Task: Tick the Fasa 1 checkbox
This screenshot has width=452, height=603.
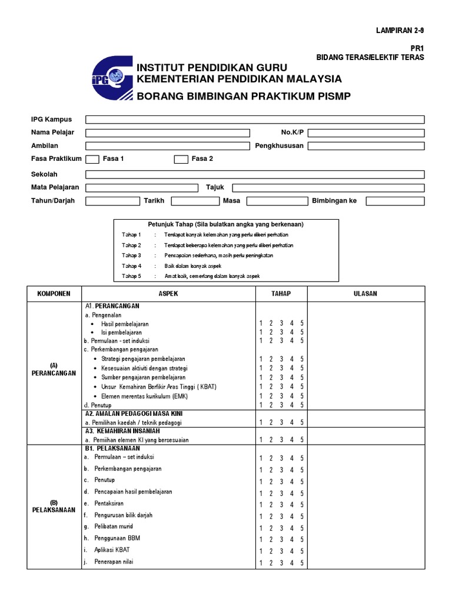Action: pyautogui.click(x=92, y=159)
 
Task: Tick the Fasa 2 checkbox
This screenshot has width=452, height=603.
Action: pyautogui.click(x=181, y=159)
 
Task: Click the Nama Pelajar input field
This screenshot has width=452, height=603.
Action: pyautogui.click(x=168, y=133)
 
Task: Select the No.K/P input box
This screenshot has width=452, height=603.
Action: pyautogui.click(x=365, y=133)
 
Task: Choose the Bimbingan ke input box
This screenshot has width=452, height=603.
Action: pyautogui.click(x=394, y=201)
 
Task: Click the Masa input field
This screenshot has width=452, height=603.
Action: pyautogui.click(x=275, y=201)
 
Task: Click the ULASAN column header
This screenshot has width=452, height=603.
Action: pyautogui.click(x=365, y=294)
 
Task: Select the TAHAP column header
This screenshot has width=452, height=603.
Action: pyautogui.click(x=281, y=294)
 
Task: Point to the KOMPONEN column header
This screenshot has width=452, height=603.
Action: pyautogui.click(x=54, y=294)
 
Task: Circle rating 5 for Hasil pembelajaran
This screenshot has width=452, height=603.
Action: pyautogui.click(x=302, y=324)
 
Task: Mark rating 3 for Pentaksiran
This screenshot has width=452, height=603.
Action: pyautogui.click(x=281, y=505)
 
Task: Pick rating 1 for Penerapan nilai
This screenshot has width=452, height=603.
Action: pyautogui.click(x=261, y=562)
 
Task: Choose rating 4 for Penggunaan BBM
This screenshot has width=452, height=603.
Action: pyautogui.click(x=292, y=539)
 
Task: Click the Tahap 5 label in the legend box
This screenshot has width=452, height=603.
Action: pyautogui.click(x=131, y=276)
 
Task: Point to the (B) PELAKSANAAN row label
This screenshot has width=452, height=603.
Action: pyautogui.click(x=54, y=506)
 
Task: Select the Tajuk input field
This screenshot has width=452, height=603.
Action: pyautogui.click(x=328, y=188)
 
